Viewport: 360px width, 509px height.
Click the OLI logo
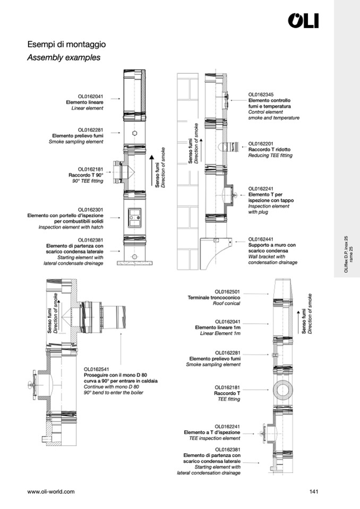click(303, 21)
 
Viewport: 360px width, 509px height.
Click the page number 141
click(314, 491)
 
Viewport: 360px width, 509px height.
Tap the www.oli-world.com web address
click(51, 491)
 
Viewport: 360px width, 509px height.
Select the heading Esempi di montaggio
click(66, 44)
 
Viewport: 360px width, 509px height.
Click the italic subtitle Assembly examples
click(64, 57)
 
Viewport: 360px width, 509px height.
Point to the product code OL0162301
click(91, 210)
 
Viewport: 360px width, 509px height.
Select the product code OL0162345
click(261, 95)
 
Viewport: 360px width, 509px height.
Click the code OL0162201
click(261, 144)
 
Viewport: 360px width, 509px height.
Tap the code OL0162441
click(261, 239)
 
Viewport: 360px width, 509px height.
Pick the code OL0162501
click(228, 292)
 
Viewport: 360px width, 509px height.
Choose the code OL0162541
click(97, 369)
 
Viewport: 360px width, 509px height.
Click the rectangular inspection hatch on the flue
click(134, 218)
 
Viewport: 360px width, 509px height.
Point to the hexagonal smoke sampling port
click(135, 133)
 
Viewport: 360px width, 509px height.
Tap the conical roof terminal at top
click(283, 288)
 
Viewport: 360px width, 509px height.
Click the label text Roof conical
click(227, 304)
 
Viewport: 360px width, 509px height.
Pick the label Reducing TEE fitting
click(270, 156)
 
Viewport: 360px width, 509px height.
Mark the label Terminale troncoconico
click(214, 298)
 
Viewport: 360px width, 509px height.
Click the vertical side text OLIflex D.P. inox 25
click(346, 254)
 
